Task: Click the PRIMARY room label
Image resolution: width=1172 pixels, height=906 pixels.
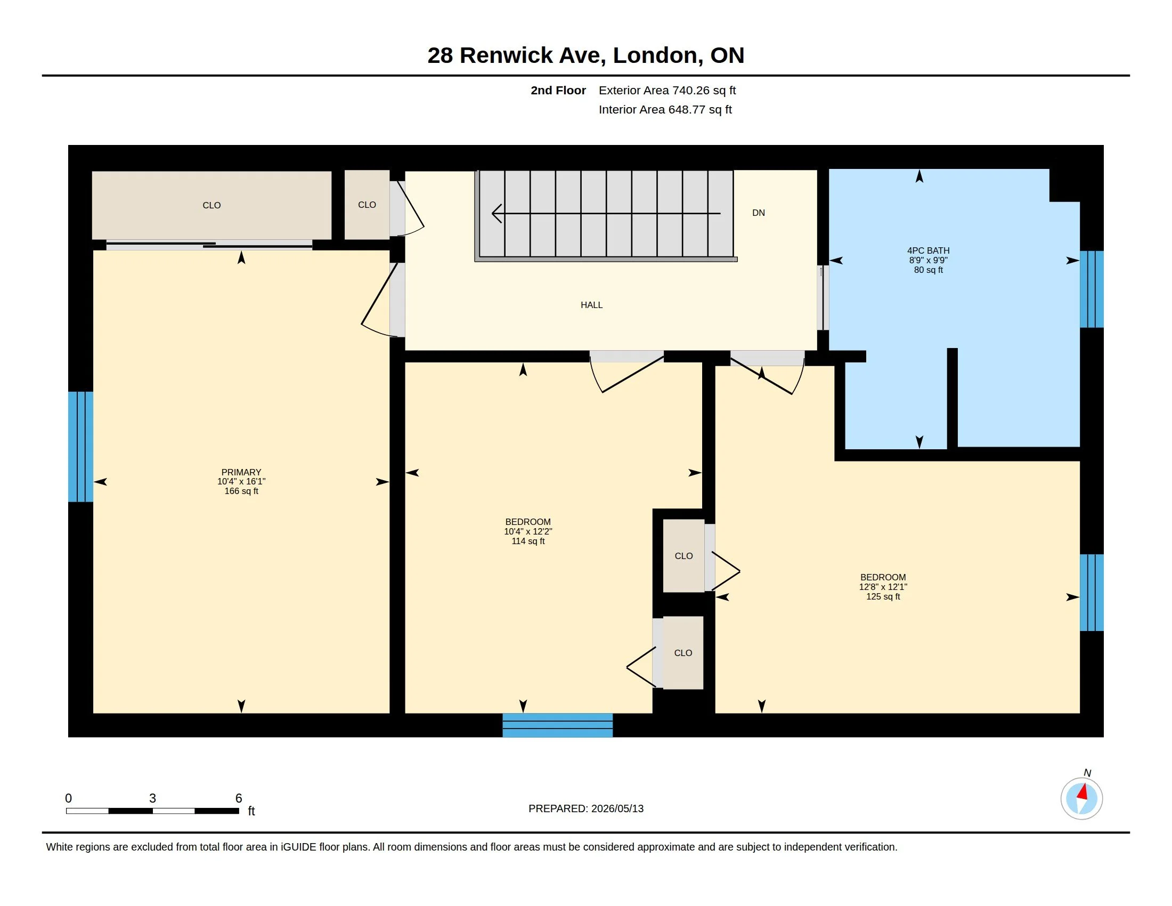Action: coord(241,472)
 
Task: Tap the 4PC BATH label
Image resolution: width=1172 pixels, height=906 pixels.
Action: coord(928,250)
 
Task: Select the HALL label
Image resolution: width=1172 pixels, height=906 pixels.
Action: coord(591,305)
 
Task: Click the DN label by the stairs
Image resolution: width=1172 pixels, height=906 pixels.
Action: coord(758,213)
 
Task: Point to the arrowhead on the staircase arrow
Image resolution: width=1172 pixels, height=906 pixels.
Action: coord(497,214)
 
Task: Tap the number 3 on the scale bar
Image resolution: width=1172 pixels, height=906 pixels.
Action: coord(152,798)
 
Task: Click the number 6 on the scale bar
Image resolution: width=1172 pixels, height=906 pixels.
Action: coord(239,798)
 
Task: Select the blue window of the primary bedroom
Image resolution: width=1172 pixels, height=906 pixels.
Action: coord(80,447)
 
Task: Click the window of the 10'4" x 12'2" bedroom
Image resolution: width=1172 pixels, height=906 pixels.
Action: coord(558,725)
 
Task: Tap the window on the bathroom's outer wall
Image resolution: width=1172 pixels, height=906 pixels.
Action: coord(1092,289)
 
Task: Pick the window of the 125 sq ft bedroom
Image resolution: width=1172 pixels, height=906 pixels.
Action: coord(1092,593)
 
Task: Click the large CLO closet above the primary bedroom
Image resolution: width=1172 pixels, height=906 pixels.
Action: coord(211,205)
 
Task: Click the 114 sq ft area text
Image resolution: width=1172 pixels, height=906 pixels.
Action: coord(528,541)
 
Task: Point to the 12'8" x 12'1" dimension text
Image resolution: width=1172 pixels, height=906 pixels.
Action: coord(883,587)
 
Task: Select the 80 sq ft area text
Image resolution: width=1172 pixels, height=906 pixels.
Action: coord(929,270)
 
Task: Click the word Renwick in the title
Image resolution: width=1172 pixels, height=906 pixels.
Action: coord(506,55)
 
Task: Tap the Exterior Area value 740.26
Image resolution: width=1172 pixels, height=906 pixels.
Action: coord(688,90)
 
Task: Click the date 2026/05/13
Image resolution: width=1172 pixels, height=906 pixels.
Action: coord(617,808)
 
